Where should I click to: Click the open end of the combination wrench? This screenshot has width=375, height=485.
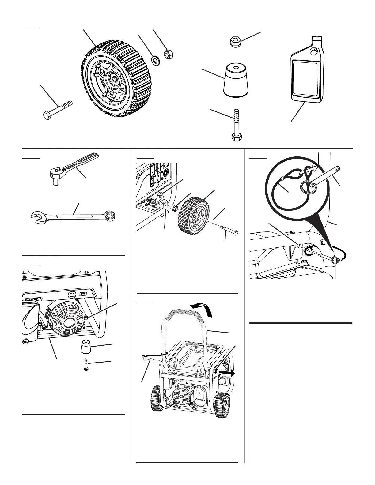pos(36,218)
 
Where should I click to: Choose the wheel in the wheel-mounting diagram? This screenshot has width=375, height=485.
pos(193,213)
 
